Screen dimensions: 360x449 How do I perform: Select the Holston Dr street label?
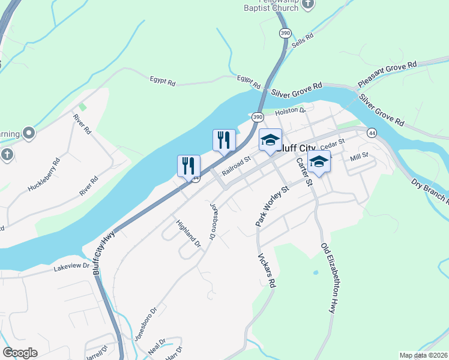291,111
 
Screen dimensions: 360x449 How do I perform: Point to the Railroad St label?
235,166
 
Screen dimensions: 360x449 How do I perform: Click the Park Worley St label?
272,206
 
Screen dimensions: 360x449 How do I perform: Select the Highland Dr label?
188,234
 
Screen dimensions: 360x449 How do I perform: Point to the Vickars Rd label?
267,270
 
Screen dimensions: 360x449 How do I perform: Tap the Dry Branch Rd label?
430,190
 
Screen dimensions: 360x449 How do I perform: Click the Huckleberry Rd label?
44,175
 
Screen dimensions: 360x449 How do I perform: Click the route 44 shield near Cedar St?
372,133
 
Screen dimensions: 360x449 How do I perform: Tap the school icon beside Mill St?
319,161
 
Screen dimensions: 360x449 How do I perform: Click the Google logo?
20,353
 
